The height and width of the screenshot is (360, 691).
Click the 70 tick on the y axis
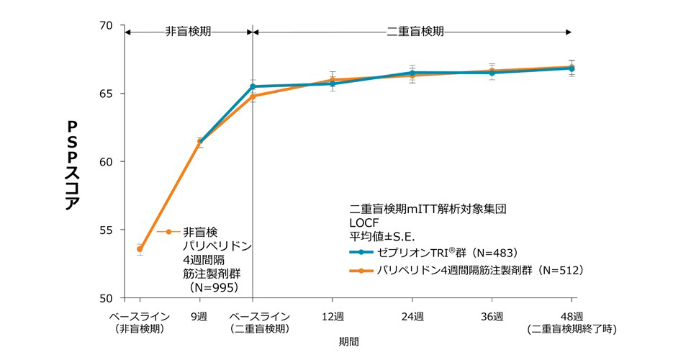tap(107, 26)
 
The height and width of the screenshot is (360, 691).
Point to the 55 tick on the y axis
tap(107, 230)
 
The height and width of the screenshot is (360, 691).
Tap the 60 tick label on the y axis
tap(107, 162)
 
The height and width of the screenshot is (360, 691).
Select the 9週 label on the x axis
tap(199, 317)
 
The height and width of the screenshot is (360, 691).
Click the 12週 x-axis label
tap(333, 317)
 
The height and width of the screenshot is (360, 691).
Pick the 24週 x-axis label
tap(412, 317)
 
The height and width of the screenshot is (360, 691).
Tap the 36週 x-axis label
tap(492, 317)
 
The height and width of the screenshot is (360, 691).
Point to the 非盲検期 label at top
tap(188, 32)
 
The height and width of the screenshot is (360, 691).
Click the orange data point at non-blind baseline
tap(140, 249)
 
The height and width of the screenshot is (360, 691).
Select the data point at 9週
tap(200, 143)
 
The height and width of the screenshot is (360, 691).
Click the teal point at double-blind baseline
tap(253, 86)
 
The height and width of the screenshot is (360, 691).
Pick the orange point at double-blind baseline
tap(253, 96)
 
